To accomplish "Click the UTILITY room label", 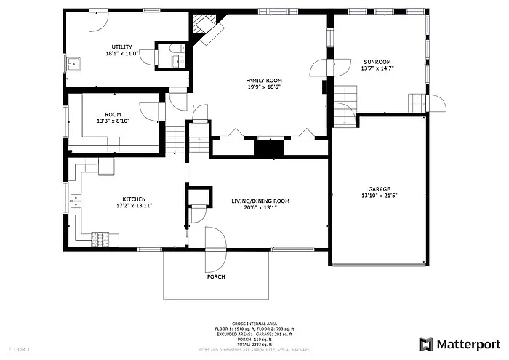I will tap(121, 47).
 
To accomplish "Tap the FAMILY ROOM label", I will tap(263, 80).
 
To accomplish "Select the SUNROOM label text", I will tap(377, 62).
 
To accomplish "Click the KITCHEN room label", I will tap(134, 199).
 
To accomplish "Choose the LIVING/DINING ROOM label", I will tap(260, 201).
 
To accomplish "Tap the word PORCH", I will tap(216, 277).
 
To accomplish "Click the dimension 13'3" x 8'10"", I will tap(113, 121).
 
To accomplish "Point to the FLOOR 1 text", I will tap(19, 350).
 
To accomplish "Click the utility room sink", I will tap(73, 64).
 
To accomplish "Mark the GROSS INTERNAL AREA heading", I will tap(254, 324).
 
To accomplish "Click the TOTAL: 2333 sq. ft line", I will tap(254, 344).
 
